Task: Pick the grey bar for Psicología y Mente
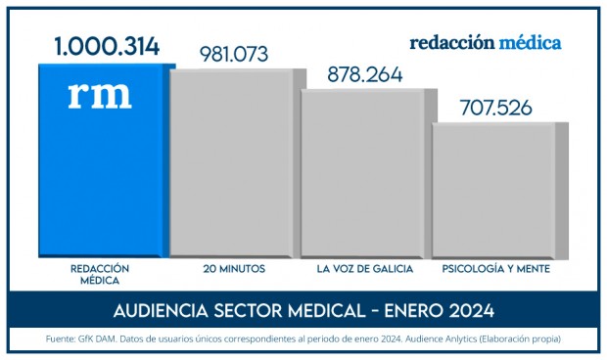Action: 495,191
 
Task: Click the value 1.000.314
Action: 107,45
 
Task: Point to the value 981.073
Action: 233,54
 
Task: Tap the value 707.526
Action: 494,107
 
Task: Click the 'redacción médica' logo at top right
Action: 486,43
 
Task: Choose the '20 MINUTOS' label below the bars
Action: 234,268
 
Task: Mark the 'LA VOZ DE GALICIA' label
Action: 365,268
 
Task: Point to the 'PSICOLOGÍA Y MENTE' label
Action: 495,268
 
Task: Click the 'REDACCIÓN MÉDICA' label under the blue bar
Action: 100,274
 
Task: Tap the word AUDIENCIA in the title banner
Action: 163,311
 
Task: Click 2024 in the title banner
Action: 466,311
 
